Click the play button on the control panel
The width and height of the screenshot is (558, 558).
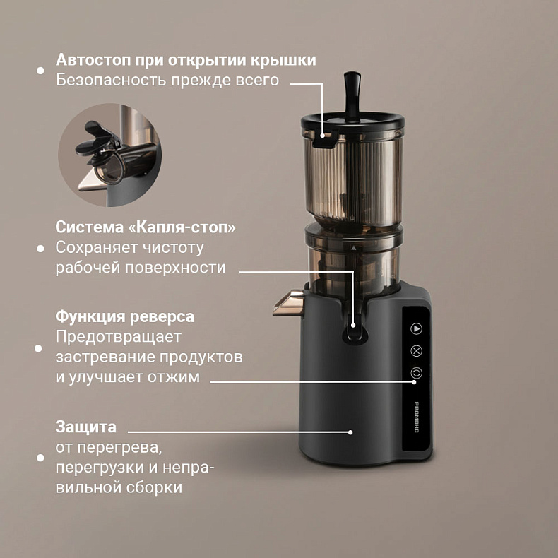pyautogui.click(x=416, y=328)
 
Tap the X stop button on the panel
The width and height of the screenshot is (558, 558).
pyautogui.click(x=416, y=351)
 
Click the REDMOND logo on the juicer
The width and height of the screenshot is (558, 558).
pyautogui.click(x=417, y=417)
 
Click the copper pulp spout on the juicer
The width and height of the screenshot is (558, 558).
pyautogui.click(x=289, y=302)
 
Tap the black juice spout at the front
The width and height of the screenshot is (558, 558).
pyautogui.click(x=352, y=333)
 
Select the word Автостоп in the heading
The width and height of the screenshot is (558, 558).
pyautogui.click(x=93, y=59)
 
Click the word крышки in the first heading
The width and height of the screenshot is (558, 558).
pyautogui.click(x=283, y=59)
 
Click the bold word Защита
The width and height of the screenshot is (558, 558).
pyautogui.click(x=85, y=427)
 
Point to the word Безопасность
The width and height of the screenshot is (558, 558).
pyautogui.click(x=111, y=80)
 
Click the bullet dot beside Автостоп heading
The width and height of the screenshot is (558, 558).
pyautogui.click(x=40, y=71)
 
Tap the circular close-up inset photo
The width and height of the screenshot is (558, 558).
pyautogui.click(x=109, y=155)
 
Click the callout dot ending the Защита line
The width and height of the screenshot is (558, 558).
pyautogui.click(x=350, y=432)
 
